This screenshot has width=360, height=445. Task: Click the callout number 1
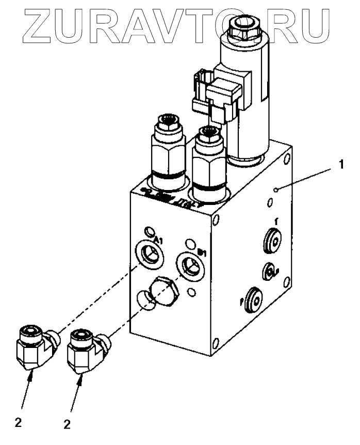click(x=341, y=166)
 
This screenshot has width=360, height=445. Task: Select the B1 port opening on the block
click(x=189, y=264)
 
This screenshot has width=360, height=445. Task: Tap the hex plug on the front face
click(x=164, y=293)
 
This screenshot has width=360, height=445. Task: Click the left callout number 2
click(x=18, y=423)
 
